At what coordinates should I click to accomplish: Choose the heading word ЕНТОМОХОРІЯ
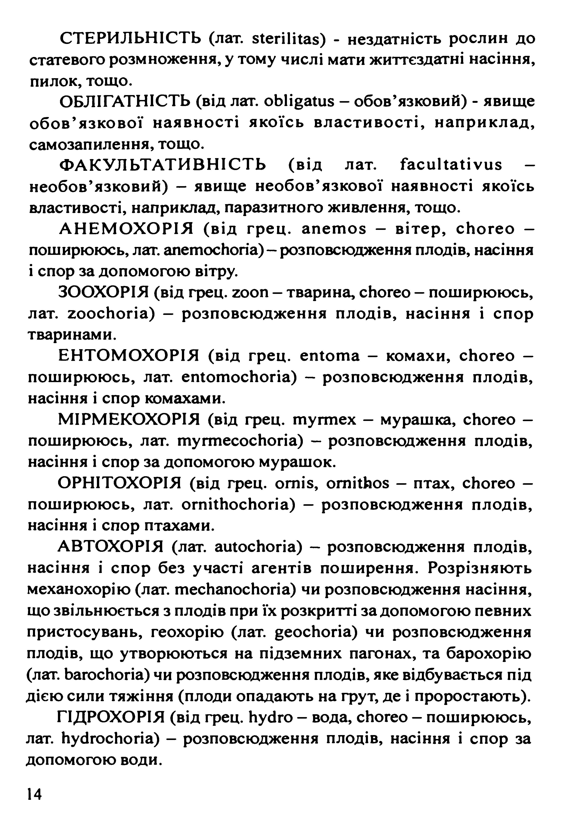128,356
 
